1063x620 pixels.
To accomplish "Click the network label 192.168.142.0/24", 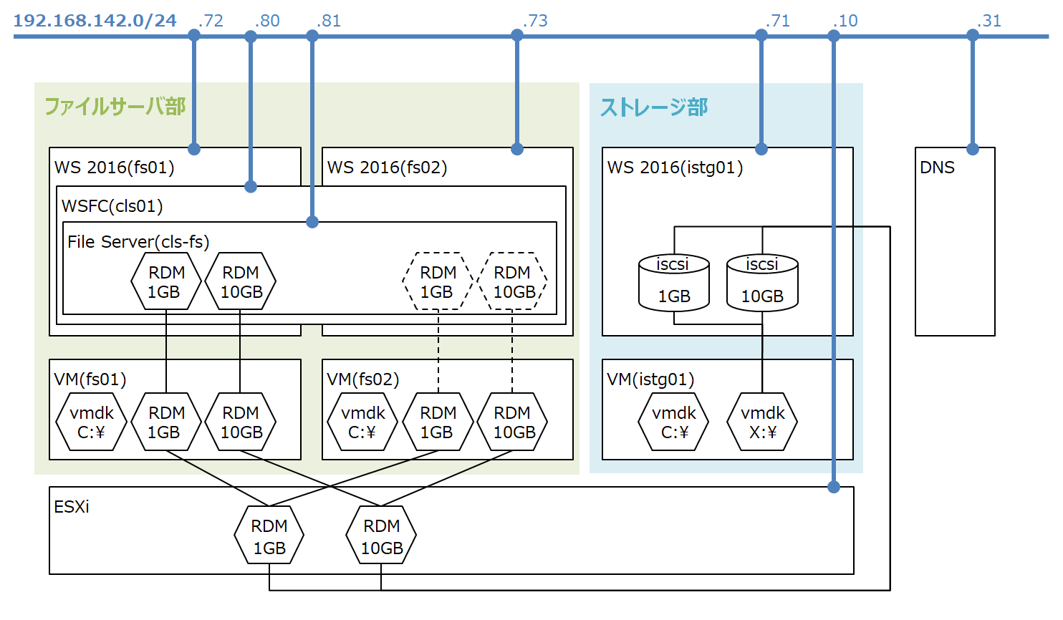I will click(x=95, y=20).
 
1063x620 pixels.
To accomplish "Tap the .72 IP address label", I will click(x=211, y=21).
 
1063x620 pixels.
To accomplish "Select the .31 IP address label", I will click(x=989, y=21).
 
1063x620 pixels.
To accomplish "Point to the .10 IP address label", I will click(x=845, y=21).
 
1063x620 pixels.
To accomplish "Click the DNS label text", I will click(x=937, y=168).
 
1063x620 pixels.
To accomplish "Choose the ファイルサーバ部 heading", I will click(x=115, y=107).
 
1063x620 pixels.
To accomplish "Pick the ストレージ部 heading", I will click(x=653, y=107).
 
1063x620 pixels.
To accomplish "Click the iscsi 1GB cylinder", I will click(x=673, y=283).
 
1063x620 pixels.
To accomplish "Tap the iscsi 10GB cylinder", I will click(x=762, y=283).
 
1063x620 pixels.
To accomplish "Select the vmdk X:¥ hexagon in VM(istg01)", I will click(x=762, y=422).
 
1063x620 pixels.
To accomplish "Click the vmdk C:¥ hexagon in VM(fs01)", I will click(x=91, y=422).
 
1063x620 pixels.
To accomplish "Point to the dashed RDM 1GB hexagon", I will click(x=438, y=281).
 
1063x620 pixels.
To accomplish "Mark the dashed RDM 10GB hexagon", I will click(x=512, y=281).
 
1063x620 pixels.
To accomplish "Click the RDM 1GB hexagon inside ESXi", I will click(x=269, y=536).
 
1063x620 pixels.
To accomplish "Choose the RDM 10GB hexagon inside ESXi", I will click(x=381, y=536).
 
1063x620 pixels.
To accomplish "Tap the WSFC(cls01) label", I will click(x=112, y=206).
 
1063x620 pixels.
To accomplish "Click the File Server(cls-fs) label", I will click(x=138, y=242).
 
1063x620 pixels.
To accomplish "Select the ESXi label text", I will click(x=72, y=507).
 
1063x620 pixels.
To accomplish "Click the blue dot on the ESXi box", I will click(x=834, y=487).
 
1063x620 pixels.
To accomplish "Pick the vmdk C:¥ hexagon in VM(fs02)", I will click(x=362, y=422).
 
